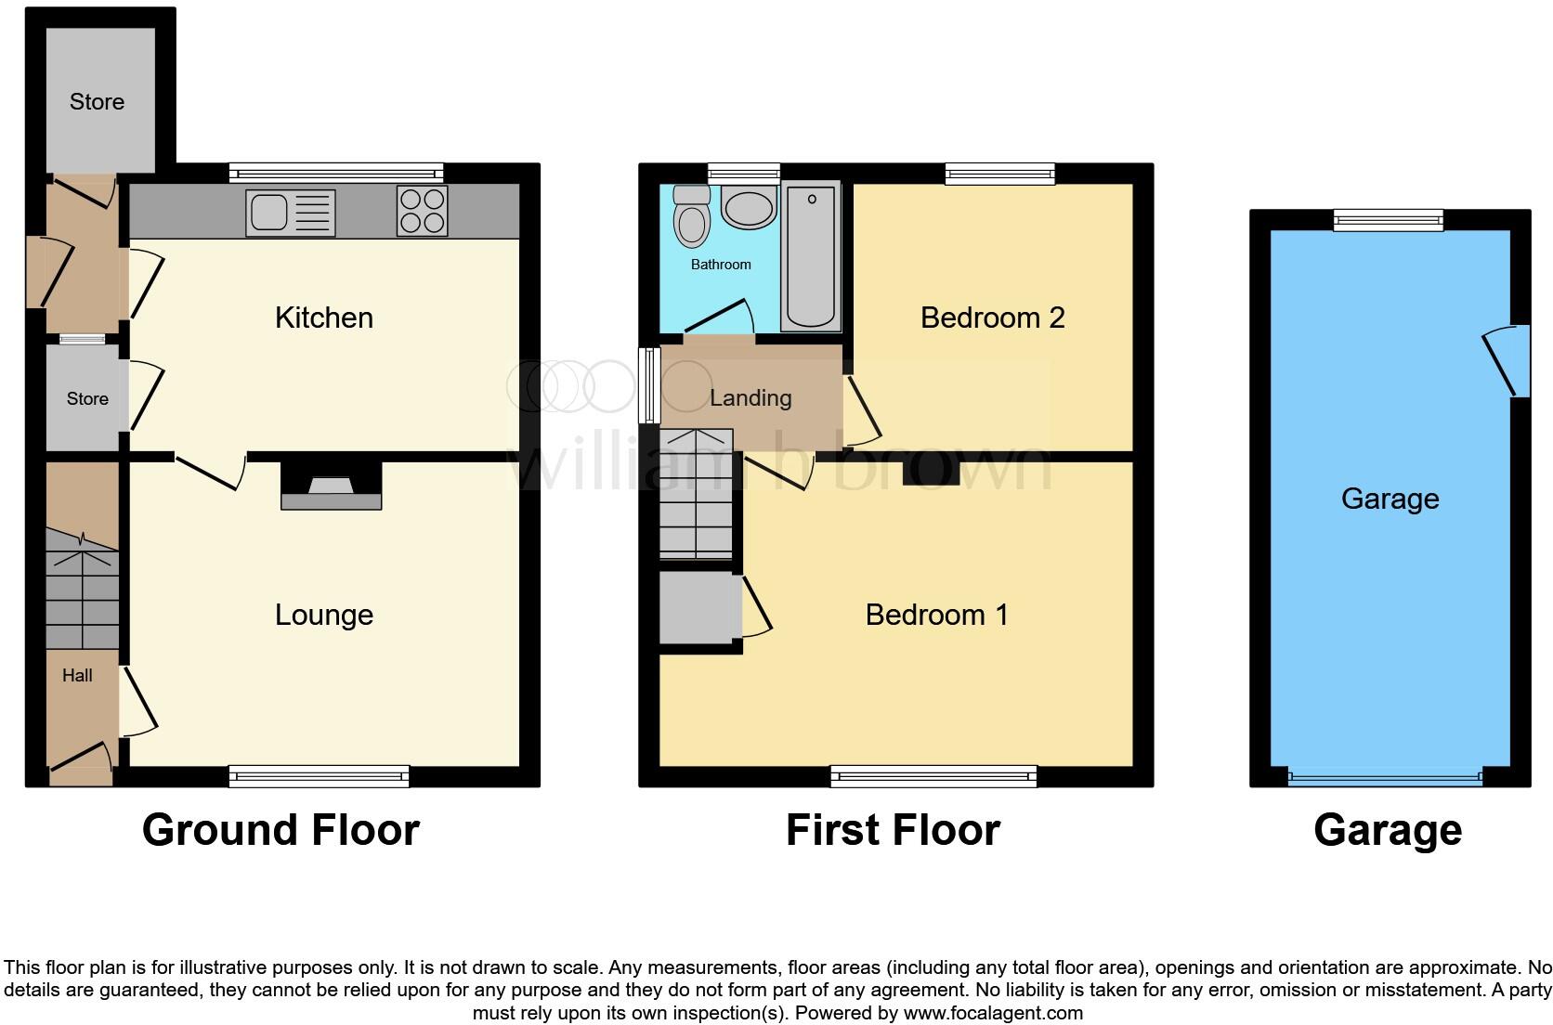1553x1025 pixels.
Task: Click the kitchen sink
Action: pyautogui.click(x=290, y=213)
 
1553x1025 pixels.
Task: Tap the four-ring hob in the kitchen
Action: pyautogui.click(x=422, y=211)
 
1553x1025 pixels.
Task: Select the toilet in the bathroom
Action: pyautogui.click(x=691, y=219)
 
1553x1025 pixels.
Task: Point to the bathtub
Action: pyautogui.click(x=811, y=256)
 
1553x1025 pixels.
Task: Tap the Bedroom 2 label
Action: pyautogui.click(x=992, y=318)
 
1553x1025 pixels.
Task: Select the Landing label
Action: pyautogui.click(x=750, y=398)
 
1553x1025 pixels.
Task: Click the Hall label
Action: pyautogui.click(x=77, y=676)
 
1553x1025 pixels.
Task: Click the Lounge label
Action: pyautogui.click(x=324, y=615)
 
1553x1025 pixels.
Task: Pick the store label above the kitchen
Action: pyautogui.click(x=97, y=102)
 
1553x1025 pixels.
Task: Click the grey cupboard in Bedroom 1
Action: pyautogui.click(x=698, y=608)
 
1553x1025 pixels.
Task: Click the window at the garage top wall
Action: pyautogui.click(x=1388, y=220)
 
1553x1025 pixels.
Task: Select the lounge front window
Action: pyautogui.click(x=319, y=776)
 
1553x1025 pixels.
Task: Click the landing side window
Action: pyautogui.click(x=648, y=386)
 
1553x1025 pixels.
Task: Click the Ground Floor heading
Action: pyautogui.click(x=281, y=830)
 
